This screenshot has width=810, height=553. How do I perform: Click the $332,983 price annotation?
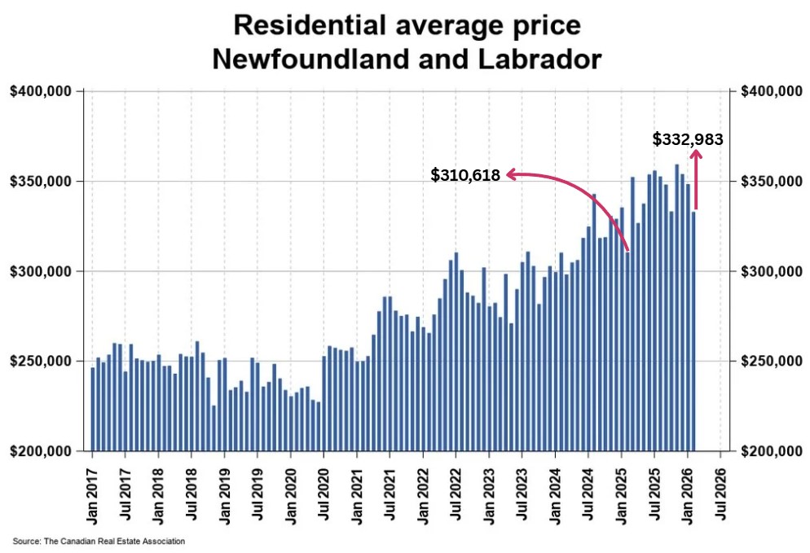tap(687, 139)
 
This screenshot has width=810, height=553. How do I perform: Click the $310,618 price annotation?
tap(465, 174)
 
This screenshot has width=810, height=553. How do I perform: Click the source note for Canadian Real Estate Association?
tap(99, 542)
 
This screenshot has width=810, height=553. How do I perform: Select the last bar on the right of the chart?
tap(693, 331)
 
